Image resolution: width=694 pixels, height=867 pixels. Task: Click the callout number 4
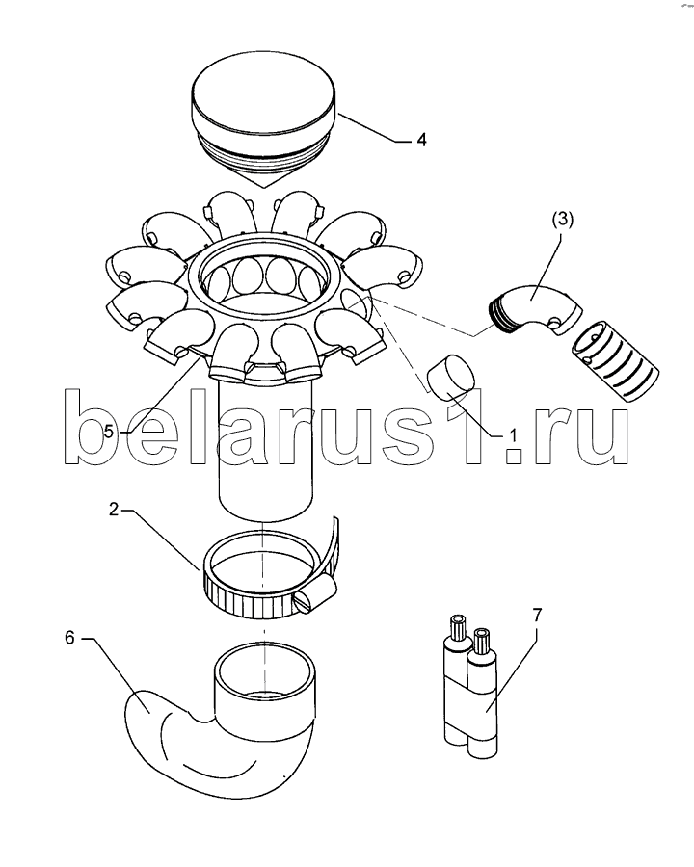tap(422, 140)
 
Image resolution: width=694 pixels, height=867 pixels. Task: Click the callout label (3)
tap(563, 219)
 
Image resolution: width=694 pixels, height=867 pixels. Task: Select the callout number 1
tap(513, 435)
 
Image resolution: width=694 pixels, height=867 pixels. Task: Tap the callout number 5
tap(109, 431)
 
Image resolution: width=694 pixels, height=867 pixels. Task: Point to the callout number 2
tap(114, 510)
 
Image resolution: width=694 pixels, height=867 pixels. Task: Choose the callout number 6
tap(69, 638)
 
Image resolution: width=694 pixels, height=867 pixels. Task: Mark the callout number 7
tap(538, 615)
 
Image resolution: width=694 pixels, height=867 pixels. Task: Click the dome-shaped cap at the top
tap(263, 120)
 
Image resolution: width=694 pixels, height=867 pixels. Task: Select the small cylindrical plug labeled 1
tap(451, 377)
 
